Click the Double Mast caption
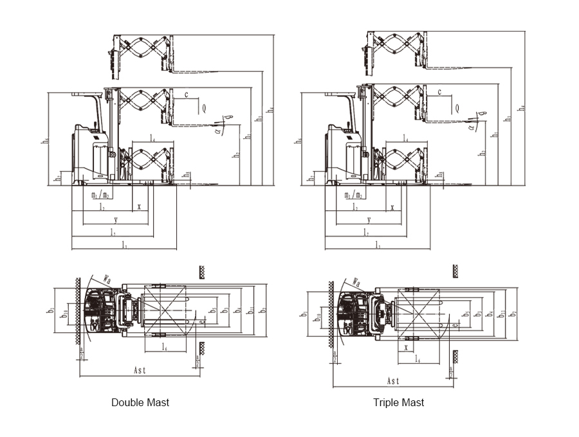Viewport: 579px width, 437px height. click(x=140, y=402)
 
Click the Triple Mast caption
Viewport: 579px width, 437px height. click(x=398, y=402)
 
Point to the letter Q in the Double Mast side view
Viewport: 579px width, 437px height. click(x=205, y=108)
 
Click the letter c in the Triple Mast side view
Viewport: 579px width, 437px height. click(x=439, y=93)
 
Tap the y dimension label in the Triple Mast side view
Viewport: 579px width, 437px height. click(x=369, y=220)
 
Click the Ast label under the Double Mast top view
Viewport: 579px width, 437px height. click(x=140, y=371)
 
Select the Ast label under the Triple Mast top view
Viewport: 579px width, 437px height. click(x=393, y=380)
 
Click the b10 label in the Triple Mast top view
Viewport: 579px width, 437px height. click(x=317, y=317)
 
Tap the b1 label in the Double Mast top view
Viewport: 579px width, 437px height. click(x=50, y=310)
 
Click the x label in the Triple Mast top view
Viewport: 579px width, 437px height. click(x=407, y=348)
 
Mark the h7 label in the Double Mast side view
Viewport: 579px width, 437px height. click(x=57, y=176)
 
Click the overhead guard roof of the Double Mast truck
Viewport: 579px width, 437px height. click(x=86, y=95)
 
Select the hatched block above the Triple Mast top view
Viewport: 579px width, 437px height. click(x=455, y=271)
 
